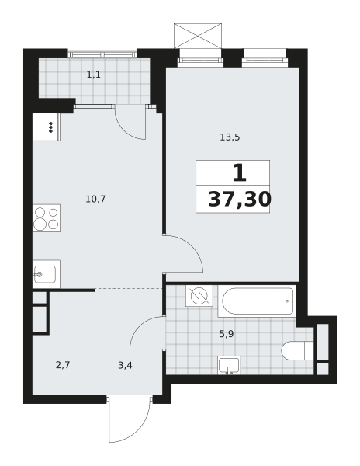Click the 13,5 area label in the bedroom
pos(230,137)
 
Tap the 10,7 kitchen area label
pos(95,199)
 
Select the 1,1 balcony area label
pos(93,75)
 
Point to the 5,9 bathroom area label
pos(227,334)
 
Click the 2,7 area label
pos(63,365)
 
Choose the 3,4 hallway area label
pos(125,365)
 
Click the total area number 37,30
pos(240,199)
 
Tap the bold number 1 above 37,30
pos(239,173)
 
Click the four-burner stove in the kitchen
pos(47,218)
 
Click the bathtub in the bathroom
pos(257,301)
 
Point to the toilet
pos(297,350)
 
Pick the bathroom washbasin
pos(229,365)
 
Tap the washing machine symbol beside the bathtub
pos(199,296)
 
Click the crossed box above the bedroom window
pos(198,36)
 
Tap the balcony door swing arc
pos(123,130)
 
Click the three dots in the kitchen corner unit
pos(50,127)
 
